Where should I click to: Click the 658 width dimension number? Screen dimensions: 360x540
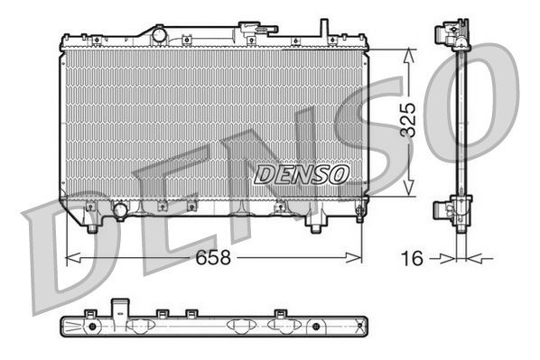212,257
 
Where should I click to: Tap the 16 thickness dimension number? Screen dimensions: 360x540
412,258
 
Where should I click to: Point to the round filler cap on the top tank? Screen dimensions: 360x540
160,34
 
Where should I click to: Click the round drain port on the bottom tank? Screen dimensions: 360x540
119,211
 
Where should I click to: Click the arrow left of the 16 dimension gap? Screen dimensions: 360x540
443,258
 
